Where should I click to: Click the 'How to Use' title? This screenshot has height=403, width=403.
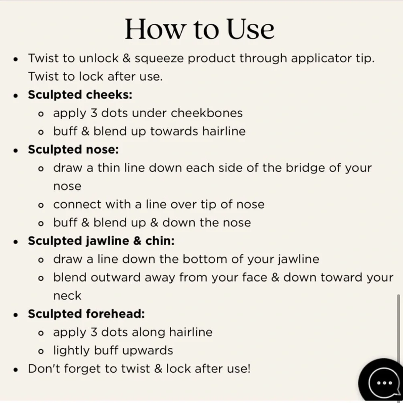pyautogui.click(x=200, y=29)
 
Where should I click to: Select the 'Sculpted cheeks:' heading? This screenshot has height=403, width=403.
pyautogui.click(x=80, y=95)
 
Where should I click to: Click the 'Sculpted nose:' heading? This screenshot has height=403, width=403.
pyautogui.click(x=73, y=150)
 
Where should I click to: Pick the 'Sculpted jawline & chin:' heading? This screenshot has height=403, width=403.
pyautogui.click(x=101, y=241)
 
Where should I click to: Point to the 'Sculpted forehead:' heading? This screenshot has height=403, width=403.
pyautogui.click(x=86, y=314)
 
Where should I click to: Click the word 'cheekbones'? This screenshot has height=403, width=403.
pyautogui.click(x=207, y=113)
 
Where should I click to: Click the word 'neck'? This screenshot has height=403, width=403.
pyautogui.click(x=67, y=296)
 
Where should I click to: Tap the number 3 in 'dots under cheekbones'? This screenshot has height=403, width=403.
pyautogui.click(x=94, y=113)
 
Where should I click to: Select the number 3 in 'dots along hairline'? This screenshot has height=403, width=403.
pyautogui.click(x=94, y=332)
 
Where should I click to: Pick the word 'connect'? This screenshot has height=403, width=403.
pyautogui.click(x=77, y=205)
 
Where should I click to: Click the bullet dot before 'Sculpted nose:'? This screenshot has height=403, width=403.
pyautogui.click(x=16, y=150)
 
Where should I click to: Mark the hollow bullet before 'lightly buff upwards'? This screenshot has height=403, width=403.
pyautogui.click(x=41, y=351)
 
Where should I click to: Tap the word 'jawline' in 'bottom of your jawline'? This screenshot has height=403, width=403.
pyautogui.click(x=299, y=260)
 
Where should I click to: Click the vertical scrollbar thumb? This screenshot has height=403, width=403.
pyautogui.click(x=399, y=328)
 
